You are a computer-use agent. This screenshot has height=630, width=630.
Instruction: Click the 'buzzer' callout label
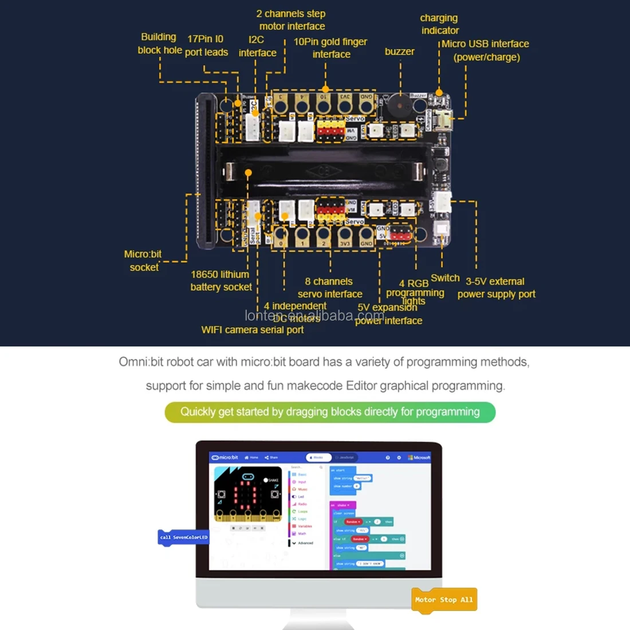(399, 52)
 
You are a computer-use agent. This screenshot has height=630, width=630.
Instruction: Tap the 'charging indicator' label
(439, 24)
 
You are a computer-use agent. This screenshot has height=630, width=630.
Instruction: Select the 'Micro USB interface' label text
(486, 50)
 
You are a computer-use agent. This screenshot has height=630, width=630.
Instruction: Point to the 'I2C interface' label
(257, 46)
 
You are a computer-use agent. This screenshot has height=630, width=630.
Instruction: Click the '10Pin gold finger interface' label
(330, 48)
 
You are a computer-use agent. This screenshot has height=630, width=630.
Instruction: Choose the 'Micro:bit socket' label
(143, 261)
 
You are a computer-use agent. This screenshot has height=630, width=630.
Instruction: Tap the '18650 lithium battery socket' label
(220, 281)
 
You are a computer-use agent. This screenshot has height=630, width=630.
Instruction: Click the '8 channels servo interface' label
(330, 288)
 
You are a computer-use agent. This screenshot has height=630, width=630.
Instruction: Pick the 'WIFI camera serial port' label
(253, 330)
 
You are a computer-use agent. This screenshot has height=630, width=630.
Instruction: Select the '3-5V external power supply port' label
(496, 288)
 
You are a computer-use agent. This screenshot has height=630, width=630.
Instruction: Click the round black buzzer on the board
(399, 107)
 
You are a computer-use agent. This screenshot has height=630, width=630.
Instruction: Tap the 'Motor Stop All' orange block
(444, 600)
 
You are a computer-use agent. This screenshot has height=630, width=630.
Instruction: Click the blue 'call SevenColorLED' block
(183, 537)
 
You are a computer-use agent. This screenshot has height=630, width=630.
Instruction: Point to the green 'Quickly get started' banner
(330, 412)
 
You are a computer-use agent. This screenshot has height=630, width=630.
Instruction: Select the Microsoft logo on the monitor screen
(419, 458)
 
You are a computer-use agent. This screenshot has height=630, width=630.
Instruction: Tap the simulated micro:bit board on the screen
(248, 494)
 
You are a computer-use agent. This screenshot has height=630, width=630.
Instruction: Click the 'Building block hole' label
(159, 44)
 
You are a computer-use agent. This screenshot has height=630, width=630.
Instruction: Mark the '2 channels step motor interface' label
(292, 20)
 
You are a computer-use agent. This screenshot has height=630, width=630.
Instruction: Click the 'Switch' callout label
(445, 278)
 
